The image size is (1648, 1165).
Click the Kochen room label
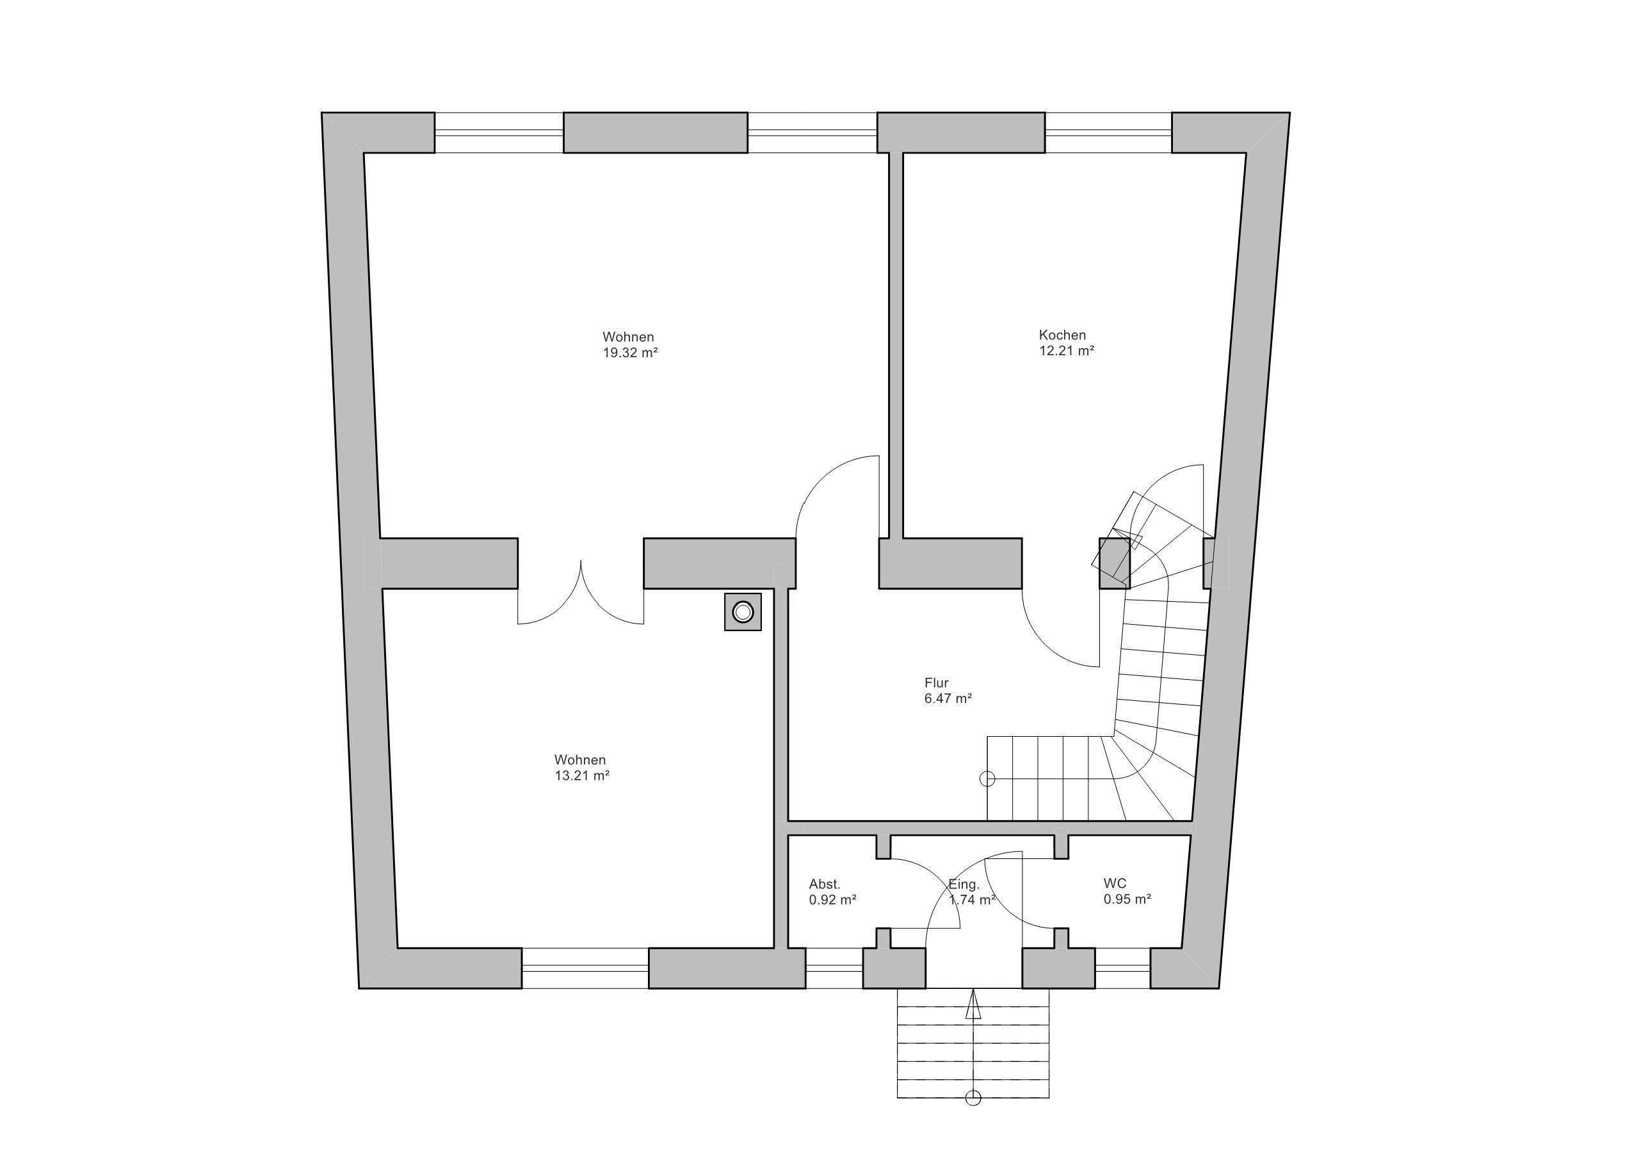coord(1062,335)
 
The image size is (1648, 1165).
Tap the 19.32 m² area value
coord(630,353)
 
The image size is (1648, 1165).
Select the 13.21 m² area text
coord(582,776)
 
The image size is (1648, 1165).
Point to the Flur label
coord(936,682)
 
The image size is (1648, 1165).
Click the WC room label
coord(1115,883)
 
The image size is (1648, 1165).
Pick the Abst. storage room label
coord(824,885)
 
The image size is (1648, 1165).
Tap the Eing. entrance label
coord(964,885)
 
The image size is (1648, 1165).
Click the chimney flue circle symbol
coord(743,613)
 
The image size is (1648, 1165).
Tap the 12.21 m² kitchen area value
coord(1067,351)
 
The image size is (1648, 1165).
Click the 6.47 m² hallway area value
coord(948,698)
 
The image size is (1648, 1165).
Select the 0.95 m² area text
coord(1127,899)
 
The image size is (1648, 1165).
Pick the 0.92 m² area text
coord(832,900)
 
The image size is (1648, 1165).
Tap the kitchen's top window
coord(1108,133)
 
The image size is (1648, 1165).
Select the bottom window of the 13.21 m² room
coord(585,968)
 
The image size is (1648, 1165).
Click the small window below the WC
coord(1122,968)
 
